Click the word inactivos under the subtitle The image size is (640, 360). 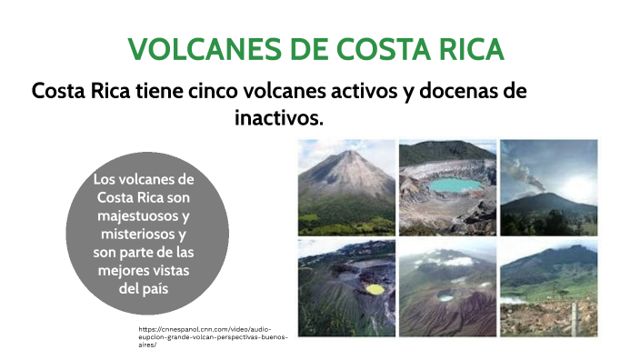(x=279, y=118)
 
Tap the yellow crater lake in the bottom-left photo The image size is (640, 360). (x=375, y=289)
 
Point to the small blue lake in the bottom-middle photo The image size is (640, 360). (x=445, y=297)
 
